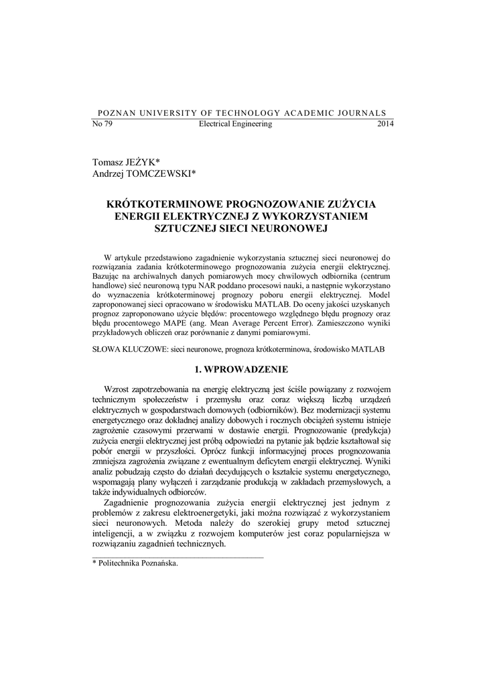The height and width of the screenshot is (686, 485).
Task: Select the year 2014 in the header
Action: tap(386, 124)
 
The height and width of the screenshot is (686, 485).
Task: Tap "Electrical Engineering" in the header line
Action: tap(236, 124)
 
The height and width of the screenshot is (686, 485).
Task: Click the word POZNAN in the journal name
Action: tap(115, 113)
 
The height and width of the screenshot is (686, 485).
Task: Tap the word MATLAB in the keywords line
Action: tap(368, 350)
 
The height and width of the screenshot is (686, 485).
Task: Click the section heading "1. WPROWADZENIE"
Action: tap(242, 369)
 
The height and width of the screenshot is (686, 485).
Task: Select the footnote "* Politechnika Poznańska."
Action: tap(135, 565)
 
